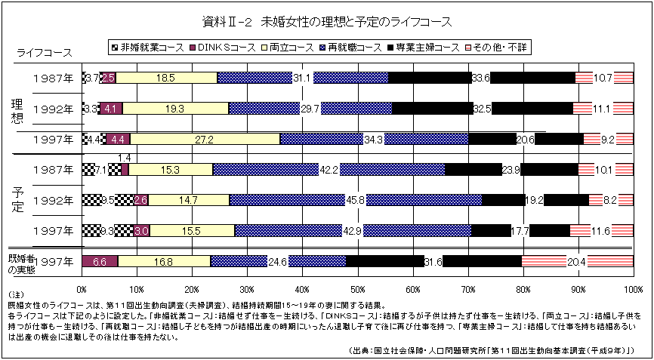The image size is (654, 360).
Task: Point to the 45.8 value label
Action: pos(355,200)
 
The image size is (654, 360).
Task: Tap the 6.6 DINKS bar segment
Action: pos(100,262)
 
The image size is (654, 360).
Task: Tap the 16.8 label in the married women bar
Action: pos(163,262)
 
